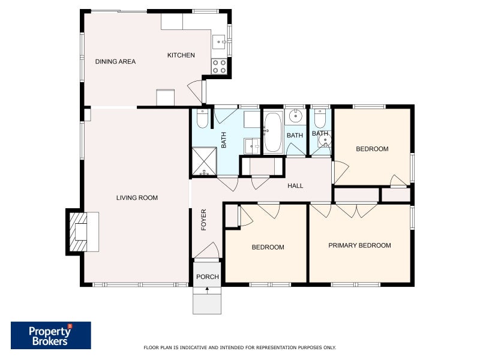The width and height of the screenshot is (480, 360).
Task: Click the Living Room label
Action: [x=137, y=198]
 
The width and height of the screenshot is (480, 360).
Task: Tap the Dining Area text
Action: [x=115, y=62]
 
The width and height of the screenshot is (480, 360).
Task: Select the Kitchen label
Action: [x=181, y=55]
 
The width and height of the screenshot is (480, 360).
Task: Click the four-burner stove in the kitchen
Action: [x=219, y=67]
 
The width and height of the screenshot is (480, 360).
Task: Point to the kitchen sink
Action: [x=219, y=41]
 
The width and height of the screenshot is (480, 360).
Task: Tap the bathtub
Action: [x=273, y=132]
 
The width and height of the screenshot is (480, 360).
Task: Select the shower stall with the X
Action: [x=204, y=162]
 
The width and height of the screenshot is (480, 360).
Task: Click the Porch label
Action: [x=208, y=277]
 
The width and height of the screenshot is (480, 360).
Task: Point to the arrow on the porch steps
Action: [x=207, y=290]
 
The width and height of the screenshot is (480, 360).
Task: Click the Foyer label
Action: [x=203, y=220]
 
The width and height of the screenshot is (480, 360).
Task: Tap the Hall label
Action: [x=295, y=185]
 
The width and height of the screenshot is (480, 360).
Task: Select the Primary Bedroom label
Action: [x=359, y=245]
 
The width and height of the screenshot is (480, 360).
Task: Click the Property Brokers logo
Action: [x=51, y=335]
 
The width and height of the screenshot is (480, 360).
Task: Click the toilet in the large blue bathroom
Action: [x=202, y=118]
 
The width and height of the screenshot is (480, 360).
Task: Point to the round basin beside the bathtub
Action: [x=296, y=116]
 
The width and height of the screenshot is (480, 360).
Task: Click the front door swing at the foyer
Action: [x=207, y=250]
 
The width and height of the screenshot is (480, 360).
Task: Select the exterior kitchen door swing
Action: [x=195, y=91]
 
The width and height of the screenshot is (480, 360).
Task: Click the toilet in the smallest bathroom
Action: [x=320, y=119]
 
